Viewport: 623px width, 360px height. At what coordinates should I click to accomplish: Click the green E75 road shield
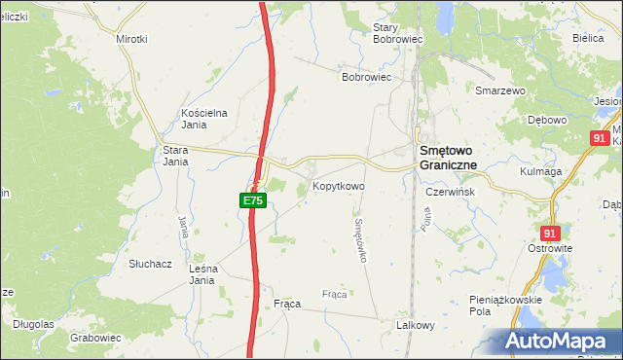(x=252, y=200)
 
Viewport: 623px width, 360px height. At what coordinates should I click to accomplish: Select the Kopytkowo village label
(x=338, y=185)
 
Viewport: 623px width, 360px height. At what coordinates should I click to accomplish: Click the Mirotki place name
(x=131, y=39)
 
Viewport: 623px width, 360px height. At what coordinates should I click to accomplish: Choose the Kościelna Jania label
(x=204, y=118)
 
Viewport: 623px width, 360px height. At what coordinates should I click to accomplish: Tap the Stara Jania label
(x=175, y=156)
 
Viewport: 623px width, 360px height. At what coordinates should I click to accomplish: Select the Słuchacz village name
(x=150, y=264)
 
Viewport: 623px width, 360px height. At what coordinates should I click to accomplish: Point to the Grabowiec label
(x=95, y=338)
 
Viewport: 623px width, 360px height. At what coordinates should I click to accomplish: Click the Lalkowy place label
(x=415, y=325)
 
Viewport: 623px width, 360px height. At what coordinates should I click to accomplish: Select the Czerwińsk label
(x=450, y=192)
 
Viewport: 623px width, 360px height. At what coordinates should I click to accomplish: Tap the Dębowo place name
(x=546, y=120)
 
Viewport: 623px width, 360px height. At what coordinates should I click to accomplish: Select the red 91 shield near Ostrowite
(x=551, y=234)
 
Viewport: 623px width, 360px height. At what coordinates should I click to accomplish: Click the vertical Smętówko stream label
(x=359, y=239)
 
